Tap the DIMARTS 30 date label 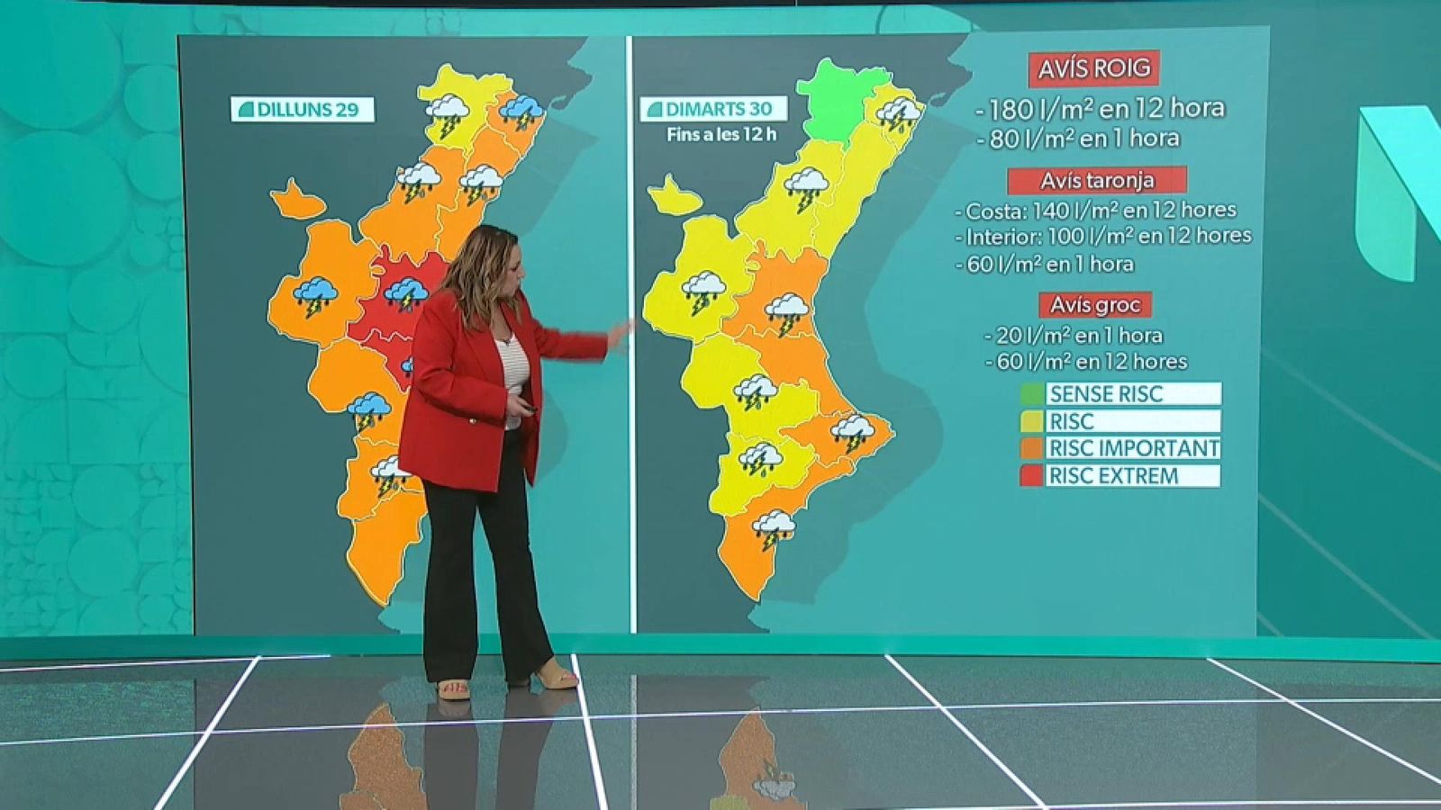(x=713, y=109)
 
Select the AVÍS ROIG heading (x=1093, y=68)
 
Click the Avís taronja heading (x=1096, y=181)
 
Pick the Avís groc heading (x=1094, y=304)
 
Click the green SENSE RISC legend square (x=1032, y=394)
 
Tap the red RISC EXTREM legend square (x=1032, y=475)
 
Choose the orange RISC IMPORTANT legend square (x=1032, y=448)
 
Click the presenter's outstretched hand (x=621, y=335)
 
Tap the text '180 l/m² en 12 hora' (x=1106, y=109)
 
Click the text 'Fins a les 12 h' (x=721, y=136)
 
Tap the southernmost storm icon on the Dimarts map (x=774, y=528)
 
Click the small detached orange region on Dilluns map (x=295, y=201)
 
